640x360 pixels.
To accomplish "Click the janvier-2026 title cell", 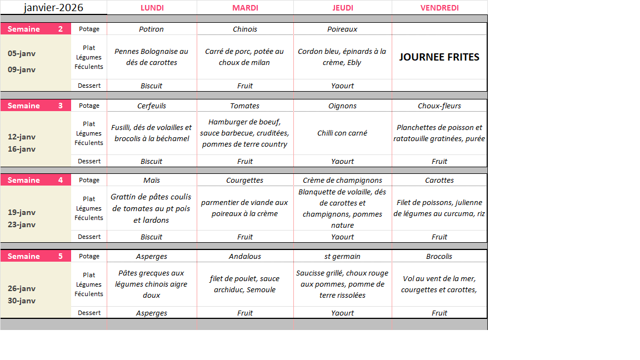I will point(53,7).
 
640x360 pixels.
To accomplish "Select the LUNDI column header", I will point(152,8).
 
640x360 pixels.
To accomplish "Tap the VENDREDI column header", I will point(439,8).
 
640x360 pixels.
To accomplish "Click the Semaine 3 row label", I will point(36,106).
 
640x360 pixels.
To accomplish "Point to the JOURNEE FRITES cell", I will point(439,57).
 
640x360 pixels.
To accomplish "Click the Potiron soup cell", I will point(152,29).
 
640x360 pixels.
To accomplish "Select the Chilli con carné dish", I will point(342,133).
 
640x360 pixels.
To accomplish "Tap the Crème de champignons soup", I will point(342,180).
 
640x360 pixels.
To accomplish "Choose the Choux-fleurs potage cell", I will point(439,106).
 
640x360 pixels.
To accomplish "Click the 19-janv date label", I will point(22,212).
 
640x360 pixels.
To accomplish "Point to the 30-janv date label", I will point(22,301).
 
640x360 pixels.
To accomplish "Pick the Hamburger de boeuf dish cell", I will point(244,133).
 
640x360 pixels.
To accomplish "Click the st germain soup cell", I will point(342,256).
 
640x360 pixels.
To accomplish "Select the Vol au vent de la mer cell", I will point(439,284).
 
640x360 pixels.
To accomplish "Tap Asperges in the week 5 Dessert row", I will point(152,313).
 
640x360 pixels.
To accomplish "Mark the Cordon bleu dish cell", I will point(342,57).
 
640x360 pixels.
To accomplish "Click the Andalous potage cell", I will point(244,256).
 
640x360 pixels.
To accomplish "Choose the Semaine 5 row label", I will point(36,256).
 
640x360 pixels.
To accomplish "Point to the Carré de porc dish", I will point(244,57).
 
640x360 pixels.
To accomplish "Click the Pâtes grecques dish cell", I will point(152,284).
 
